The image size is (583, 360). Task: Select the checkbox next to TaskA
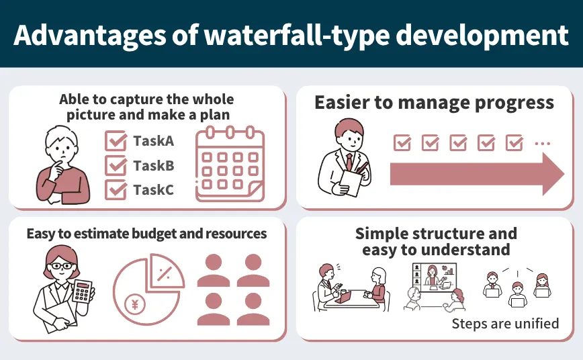pyautogui.click(x=116, y=141)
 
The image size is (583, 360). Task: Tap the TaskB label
pyautogui.click(x=153, y=166)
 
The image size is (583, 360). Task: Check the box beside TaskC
pyautogui.click(x=116, y=189)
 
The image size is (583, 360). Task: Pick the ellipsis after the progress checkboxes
pyautogui.click(x=542, y=143)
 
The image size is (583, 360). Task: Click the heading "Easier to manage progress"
pyautogui.click(x=434, y=103)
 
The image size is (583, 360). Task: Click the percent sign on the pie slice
pyautogui.click(x=163, y=273)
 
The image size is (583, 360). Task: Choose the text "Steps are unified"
pyautogui.click(x=505, y=324)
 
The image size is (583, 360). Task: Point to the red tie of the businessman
pyautogui.click(x=349, y=162)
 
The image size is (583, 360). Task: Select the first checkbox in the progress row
pyautogui.click(x=402, y=142)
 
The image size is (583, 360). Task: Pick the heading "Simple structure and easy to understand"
pyautogui.click(x=436, y=242)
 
